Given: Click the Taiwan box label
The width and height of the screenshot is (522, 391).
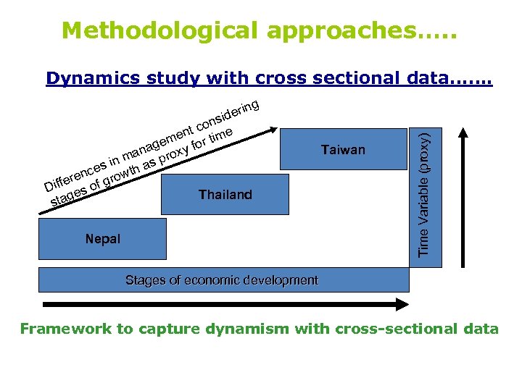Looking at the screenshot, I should tap(343, 150).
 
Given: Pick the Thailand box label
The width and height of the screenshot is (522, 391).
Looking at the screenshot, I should tap(225, 194).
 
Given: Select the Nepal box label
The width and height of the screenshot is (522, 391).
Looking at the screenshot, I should tap(102, 238).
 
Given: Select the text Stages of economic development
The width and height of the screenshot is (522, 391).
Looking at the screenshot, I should tap(221, 279).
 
